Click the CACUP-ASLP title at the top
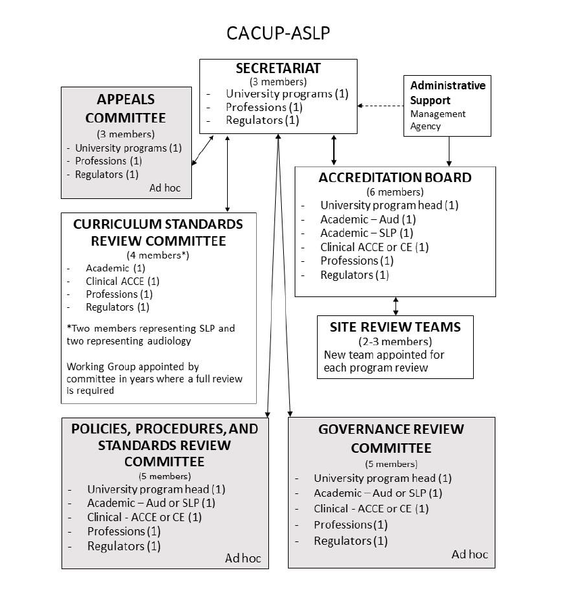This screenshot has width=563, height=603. (x=278, y=33)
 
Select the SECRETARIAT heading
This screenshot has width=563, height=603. (x=278, y=68)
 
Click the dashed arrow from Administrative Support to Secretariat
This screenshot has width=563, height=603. (x=380, y=106)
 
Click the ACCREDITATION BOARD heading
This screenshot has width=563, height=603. (x=395, y=177)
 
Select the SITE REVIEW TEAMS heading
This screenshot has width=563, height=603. (x=395, y=327)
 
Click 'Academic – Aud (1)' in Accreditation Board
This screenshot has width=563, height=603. (x=368, y=219)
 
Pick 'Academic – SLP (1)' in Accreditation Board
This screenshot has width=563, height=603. (x=367, y=233)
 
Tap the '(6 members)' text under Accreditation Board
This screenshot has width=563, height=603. (x=395, y=192)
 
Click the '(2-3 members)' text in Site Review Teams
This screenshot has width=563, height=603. (x=395, y=341)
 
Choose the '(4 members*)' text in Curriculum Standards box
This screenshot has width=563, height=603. (x=158, y=255)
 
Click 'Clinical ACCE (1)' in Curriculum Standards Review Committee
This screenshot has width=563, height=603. (x=122, y=281)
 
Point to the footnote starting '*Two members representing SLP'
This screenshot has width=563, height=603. (x=151, y=334)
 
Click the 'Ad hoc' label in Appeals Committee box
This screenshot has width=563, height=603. (x=166, y=188)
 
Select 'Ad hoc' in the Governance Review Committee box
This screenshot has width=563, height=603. (x=469, y=554)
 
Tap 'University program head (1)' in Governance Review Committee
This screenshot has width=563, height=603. (x=383, y=478)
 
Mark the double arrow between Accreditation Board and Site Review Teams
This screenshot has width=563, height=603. (x=395, y=305)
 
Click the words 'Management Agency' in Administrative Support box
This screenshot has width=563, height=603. (x=437, y=120)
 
